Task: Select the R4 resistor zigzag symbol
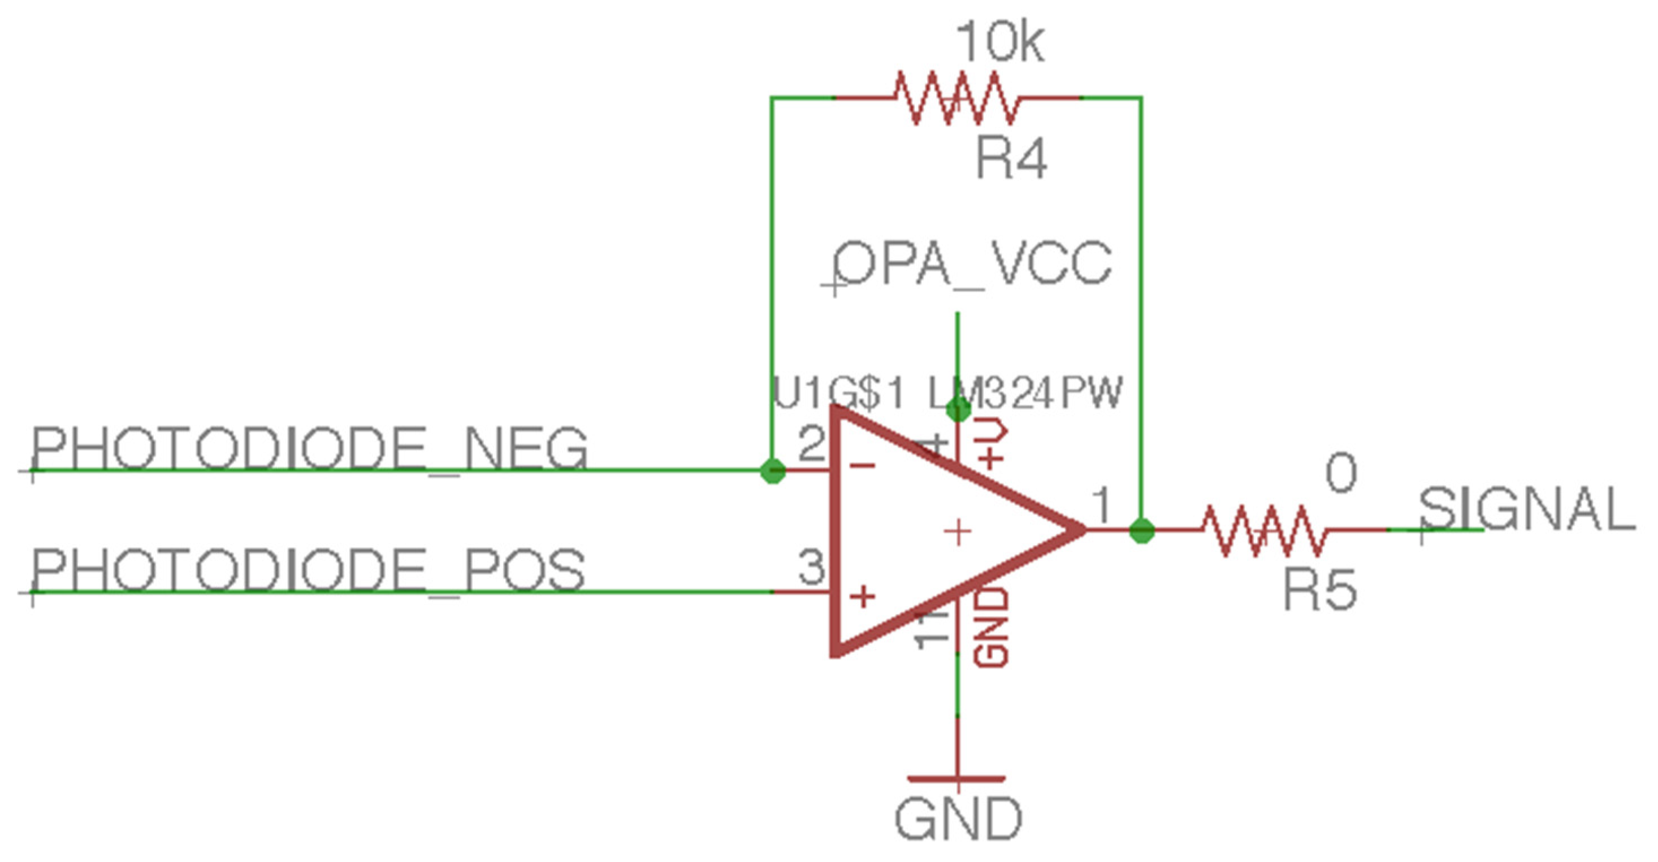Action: tap(956, 98)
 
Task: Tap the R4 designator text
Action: tap(1011, 158)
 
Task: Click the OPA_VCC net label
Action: tap(972, 264)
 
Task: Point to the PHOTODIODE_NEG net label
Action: tap(309, 449)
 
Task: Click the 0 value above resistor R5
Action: tap(1341, 474)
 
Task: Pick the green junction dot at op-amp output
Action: tap(1142, 530)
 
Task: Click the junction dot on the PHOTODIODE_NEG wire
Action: tap(772, 471)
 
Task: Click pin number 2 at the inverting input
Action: tap(812, 444)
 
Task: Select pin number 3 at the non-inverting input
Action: tap(812, 567)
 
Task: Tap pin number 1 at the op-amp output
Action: tap(1102, 505)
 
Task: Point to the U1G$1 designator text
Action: tap(837, 393)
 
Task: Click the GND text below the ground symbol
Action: tap(958, 819)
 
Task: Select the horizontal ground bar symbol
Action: tap(956, 779)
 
